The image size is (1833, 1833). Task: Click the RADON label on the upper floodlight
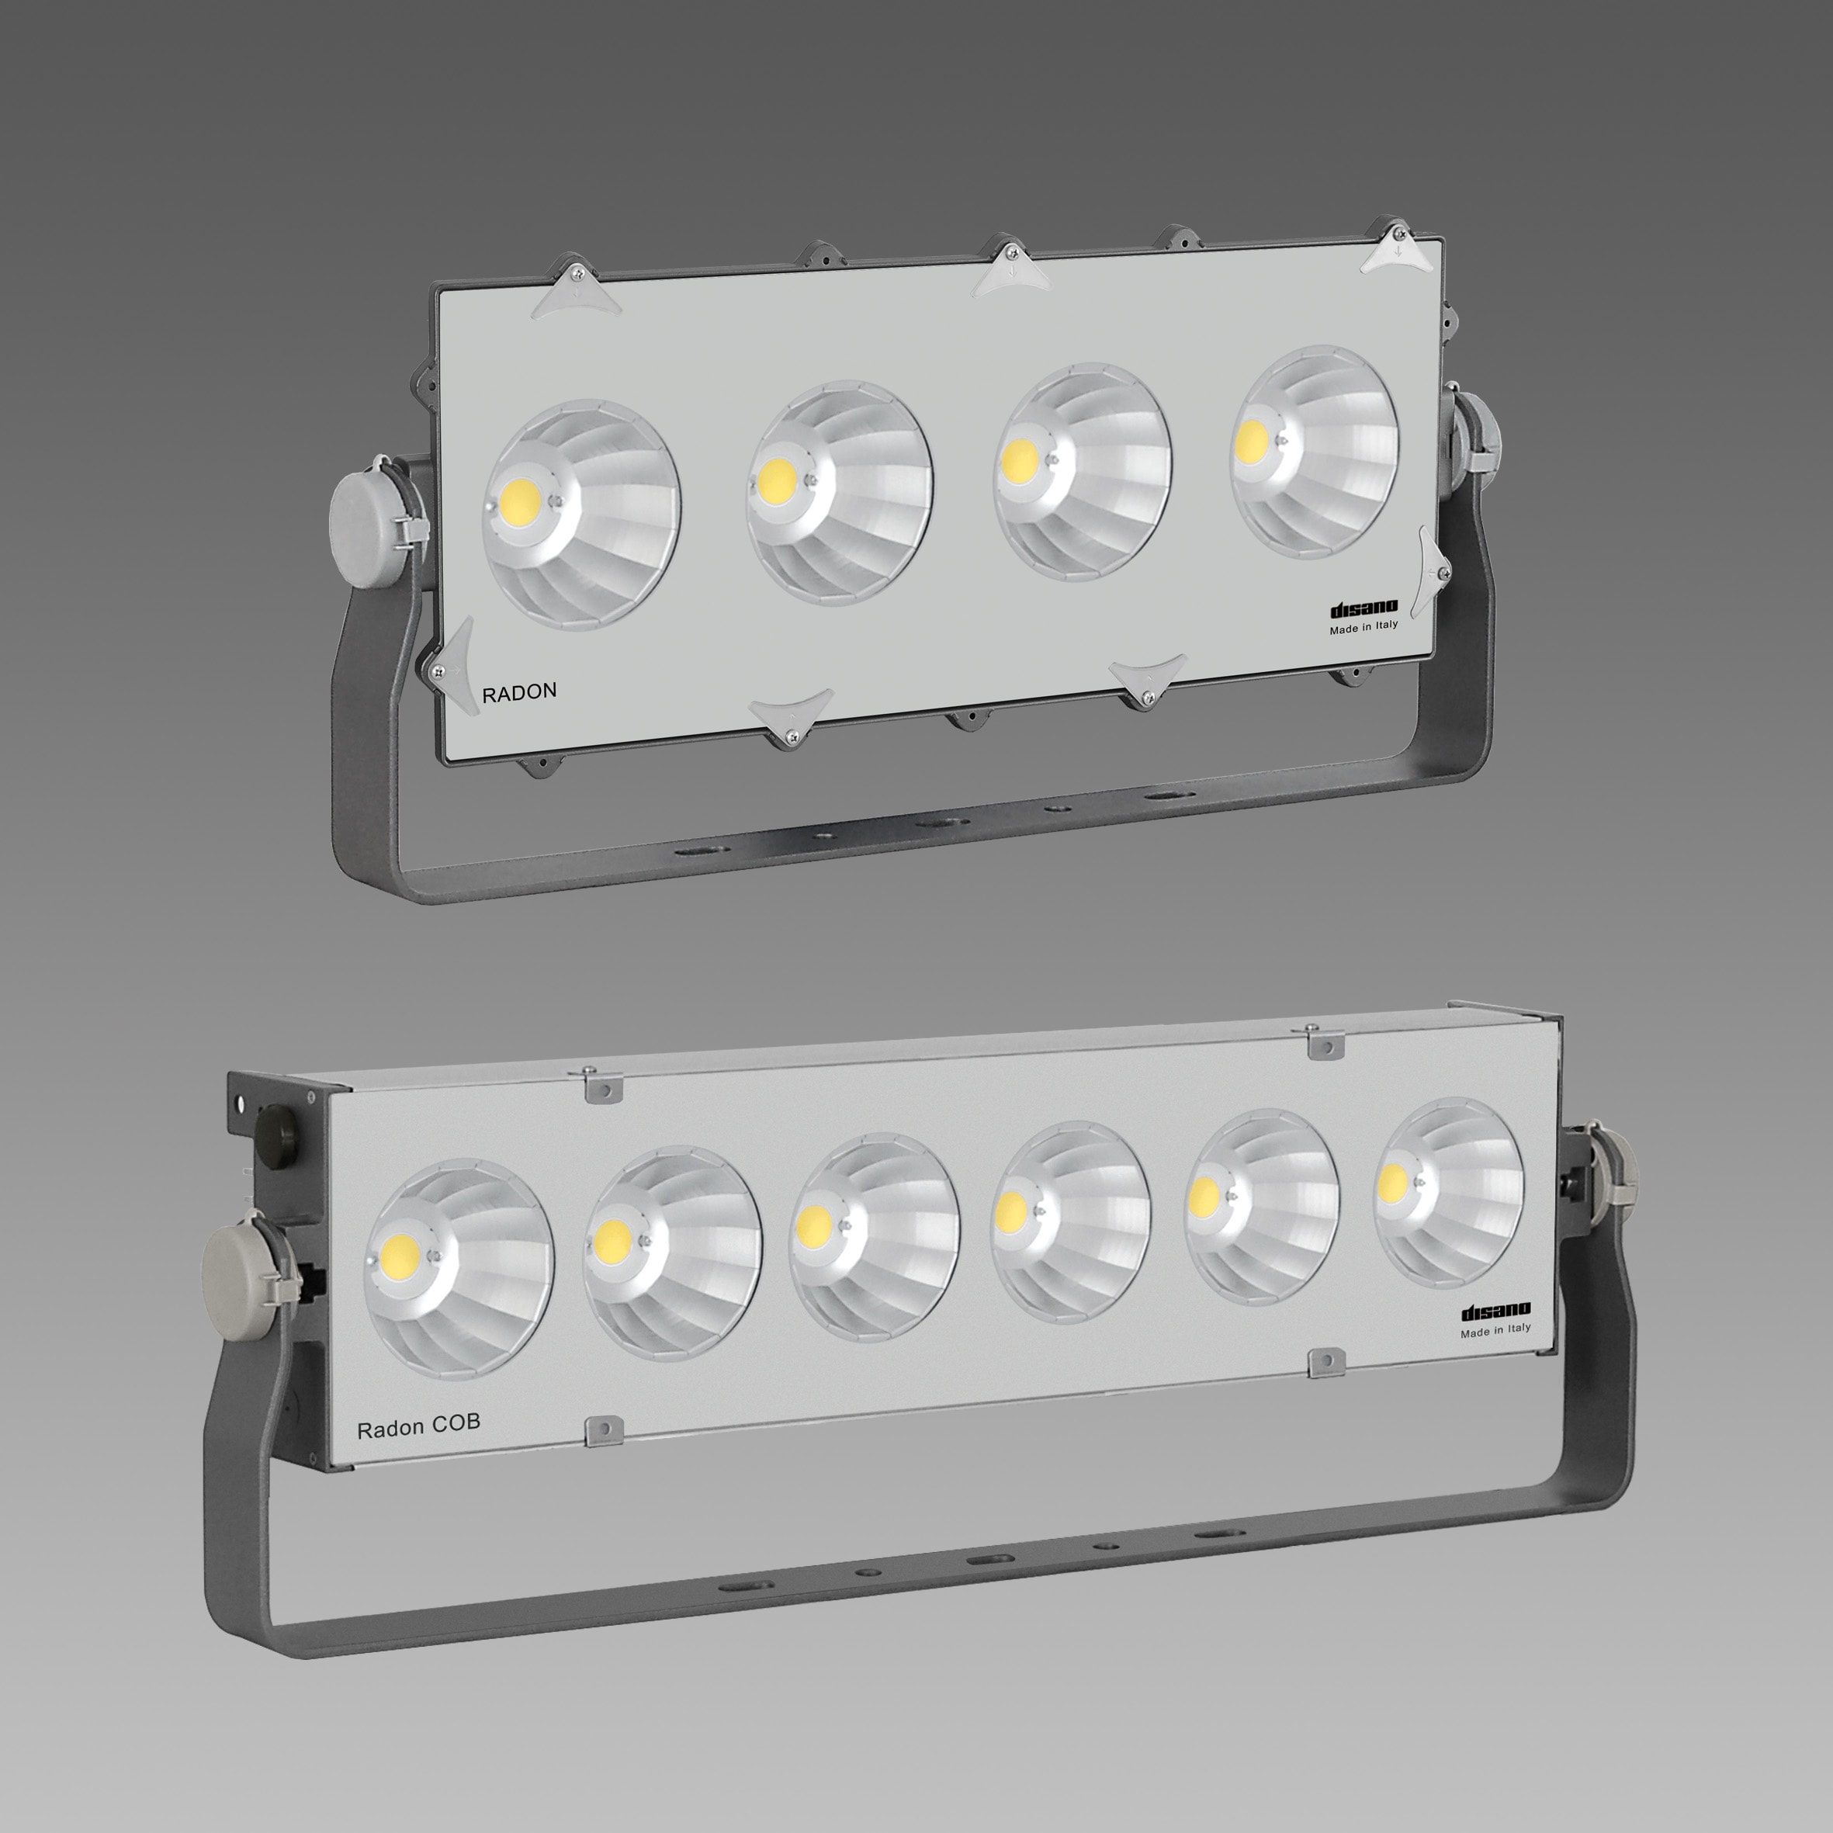click(x=519, y=691)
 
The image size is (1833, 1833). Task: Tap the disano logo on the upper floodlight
click(x=1363, y=609)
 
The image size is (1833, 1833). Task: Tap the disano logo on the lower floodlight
click(x=1495, y=1312)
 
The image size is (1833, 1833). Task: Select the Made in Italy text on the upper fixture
click(x=1363, y=627)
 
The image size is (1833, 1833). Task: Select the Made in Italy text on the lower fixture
click(x=1495, y=1330)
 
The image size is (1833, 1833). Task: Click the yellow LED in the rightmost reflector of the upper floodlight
click(x=1253, y=438)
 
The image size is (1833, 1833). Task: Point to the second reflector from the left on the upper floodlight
click(x=839, y=494)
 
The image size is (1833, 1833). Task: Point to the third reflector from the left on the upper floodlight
click(x=1082, y=473)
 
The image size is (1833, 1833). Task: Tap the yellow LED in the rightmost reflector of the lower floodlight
click(x=1393, y=1182)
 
